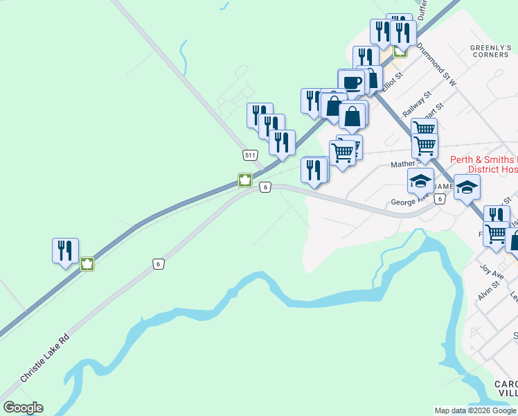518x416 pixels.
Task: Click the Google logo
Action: tap(23, 408)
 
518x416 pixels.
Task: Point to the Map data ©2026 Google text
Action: tap(475, 410)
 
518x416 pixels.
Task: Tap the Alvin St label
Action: tap(488, 289)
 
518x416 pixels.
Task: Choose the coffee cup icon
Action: tap(351, 83)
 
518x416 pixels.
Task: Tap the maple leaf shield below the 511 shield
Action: tap(244, 180)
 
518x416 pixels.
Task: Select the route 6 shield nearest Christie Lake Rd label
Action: tap(159, 263)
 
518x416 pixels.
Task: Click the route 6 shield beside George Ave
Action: tap(439, 200)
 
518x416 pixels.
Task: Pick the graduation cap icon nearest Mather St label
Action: tap(420, 181)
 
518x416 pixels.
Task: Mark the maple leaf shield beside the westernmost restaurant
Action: tap(87, 263)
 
